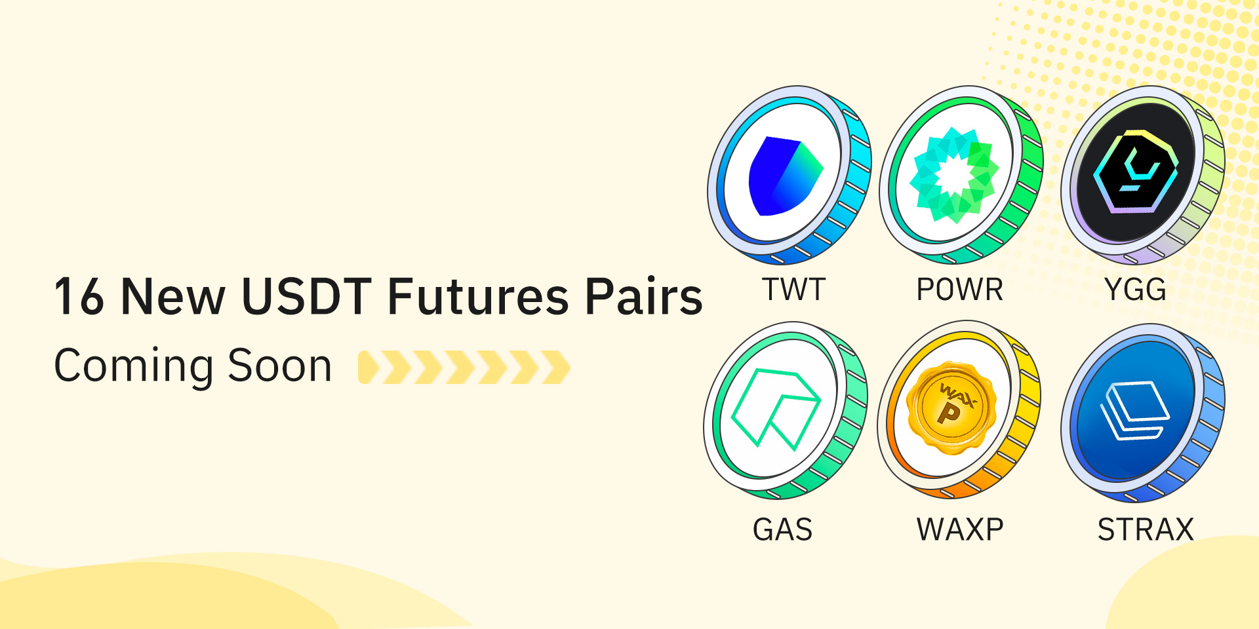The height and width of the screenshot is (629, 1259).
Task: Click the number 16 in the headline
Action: [x=79, y=297]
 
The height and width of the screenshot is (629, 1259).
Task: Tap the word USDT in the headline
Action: [x=307, y=297]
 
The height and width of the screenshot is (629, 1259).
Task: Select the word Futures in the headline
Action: [x=478, y=297]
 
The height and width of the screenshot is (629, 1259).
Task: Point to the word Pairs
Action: [x=643, y=297]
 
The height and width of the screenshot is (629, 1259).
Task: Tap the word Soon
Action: [x=279, y=366]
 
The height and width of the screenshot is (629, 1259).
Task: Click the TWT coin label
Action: [x=793, y=290]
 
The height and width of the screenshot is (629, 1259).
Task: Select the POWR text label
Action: [x=960, y=290]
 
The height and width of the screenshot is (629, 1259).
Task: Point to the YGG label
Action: [x=1135, y=290]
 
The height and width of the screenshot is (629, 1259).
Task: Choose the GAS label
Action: [x=782, y=529]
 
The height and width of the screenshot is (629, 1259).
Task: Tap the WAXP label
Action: [x=960, y=529]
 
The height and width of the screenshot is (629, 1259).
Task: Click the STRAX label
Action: [x=1146, y=529]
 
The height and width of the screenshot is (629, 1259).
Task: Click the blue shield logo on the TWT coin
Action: [x=784, y=176]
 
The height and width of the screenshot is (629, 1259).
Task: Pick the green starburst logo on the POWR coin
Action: [x=954, y=175]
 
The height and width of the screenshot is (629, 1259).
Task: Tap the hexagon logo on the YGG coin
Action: [x=1136, y=172]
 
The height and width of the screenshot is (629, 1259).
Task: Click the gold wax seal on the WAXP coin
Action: [x=951, y=407]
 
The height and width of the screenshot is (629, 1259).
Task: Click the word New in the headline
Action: [x=173, y=297]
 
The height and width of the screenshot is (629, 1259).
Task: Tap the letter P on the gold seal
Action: [x=949, y=413]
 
